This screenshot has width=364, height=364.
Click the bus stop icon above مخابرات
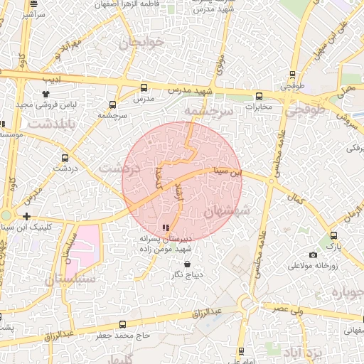[258, 96]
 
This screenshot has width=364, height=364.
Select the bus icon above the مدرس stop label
[144, 88]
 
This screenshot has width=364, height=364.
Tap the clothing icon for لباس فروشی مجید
[46, 93]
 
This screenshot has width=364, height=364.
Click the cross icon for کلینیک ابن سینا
[26, 216]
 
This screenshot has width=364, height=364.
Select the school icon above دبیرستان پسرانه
[166, 228]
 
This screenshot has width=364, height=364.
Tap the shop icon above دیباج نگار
[187, 264]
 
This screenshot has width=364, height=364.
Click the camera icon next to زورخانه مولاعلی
[313, 255]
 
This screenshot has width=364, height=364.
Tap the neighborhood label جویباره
[346, 294]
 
